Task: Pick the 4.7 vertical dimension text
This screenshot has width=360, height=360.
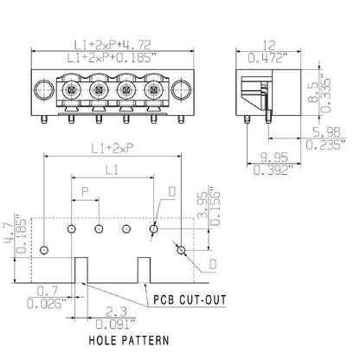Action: coord(10,229)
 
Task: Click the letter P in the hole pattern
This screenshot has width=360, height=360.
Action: coord(84,190)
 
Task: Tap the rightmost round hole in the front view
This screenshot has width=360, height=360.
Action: coord(181,90)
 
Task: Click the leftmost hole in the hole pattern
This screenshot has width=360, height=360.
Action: coord(44,249)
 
